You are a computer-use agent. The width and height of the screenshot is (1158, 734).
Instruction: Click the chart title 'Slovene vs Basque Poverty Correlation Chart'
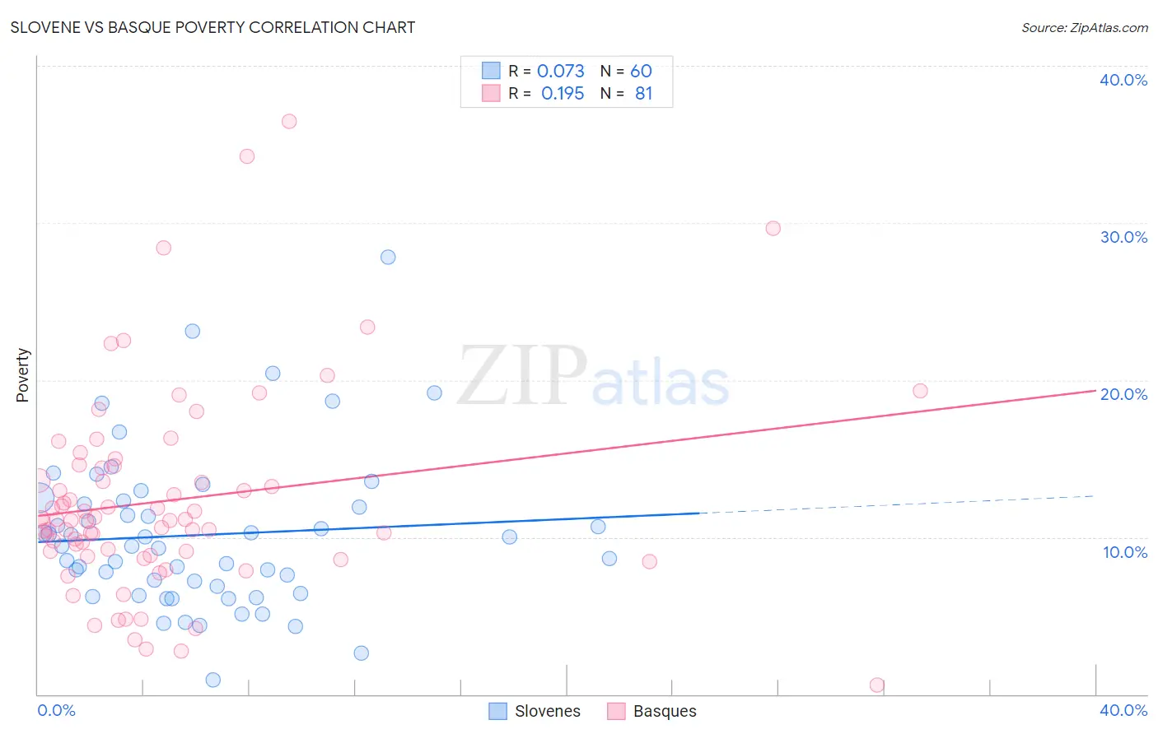click(x=212, y=27)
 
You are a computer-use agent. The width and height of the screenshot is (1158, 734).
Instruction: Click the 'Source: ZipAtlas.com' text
click(x=1084, y=28)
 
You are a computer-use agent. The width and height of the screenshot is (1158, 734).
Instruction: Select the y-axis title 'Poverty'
click(x=22, y=375)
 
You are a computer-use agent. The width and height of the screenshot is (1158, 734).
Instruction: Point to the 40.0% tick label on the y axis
click(x=1123, y=80)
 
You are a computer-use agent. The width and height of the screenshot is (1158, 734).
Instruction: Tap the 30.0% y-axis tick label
click(x=1123, y=237)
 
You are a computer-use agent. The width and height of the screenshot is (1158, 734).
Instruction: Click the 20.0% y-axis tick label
click(x=1123, y=394)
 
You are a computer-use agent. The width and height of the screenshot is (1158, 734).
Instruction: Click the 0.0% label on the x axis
click(x=56, y=710)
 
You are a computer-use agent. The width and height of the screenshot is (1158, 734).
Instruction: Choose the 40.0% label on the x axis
click(x=1123, y=710)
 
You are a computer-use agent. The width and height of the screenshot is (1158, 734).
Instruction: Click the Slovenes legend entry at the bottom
click(x=535, y=711)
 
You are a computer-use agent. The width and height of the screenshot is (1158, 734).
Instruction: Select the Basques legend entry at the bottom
click(x=652, y=711)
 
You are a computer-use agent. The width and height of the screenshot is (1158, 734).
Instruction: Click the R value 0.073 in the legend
click(x=560, y=72)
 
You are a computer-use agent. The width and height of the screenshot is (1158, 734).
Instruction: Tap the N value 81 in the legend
click(x=643, y=94)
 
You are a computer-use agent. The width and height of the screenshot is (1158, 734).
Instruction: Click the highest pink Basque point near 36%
click(x=289, y=121)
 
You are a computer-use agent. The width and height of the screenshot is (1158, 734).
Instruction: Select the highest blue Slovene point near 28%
click(x=388, y=257)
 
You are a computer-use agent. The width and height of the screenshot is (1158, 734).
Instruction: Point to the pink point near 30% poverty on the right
click(x=773, y=228)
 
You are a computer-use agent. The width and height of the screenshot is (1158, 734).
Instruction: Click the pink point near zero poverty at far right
click(x=877, y=685)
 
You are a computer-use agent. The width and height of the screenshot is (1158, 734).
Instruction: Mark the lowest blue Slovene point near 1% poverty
click(x=212, y=680)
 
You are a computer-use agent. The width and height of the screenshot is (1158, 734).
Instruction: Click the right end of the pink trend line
click(x=1094, y=391)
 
